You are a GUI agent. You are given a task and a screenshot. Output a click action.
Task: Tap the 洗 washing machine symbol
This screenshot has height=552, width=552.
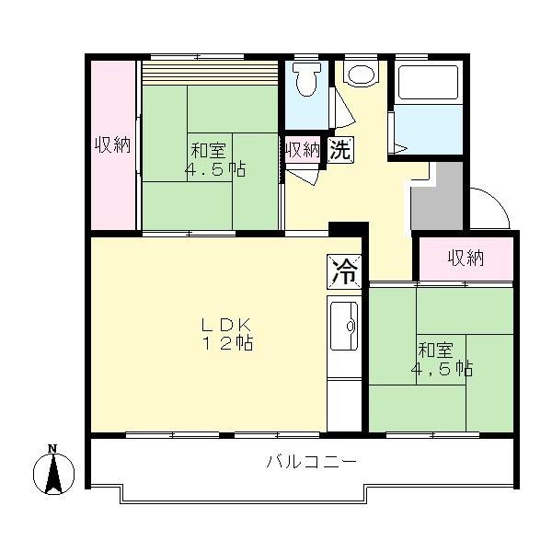[x=340, y=149]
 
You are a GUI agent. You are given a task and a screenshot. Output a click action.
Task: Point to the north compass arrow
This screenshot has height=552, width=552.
[x=53, y=474]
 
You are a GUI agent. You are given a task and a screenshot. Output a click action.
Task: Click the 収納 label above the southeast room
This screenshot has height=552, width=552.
[x=466, y=258]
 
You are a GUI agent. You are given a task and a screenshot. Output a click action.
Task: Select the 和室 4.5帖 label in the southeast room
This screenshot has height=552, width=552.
[x=441, y=359]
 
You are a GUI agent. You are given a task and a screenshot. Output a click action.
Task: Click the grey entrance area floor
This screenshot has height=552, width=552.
[x=436, y=194]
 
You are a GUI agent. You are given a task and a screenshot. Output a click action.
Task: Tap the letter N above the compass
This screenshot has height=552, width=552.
[x=52, y=448]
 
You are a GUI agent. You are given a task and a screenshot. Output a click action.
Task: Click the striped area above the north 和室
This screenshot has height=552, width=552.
[x=209, y=72]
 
